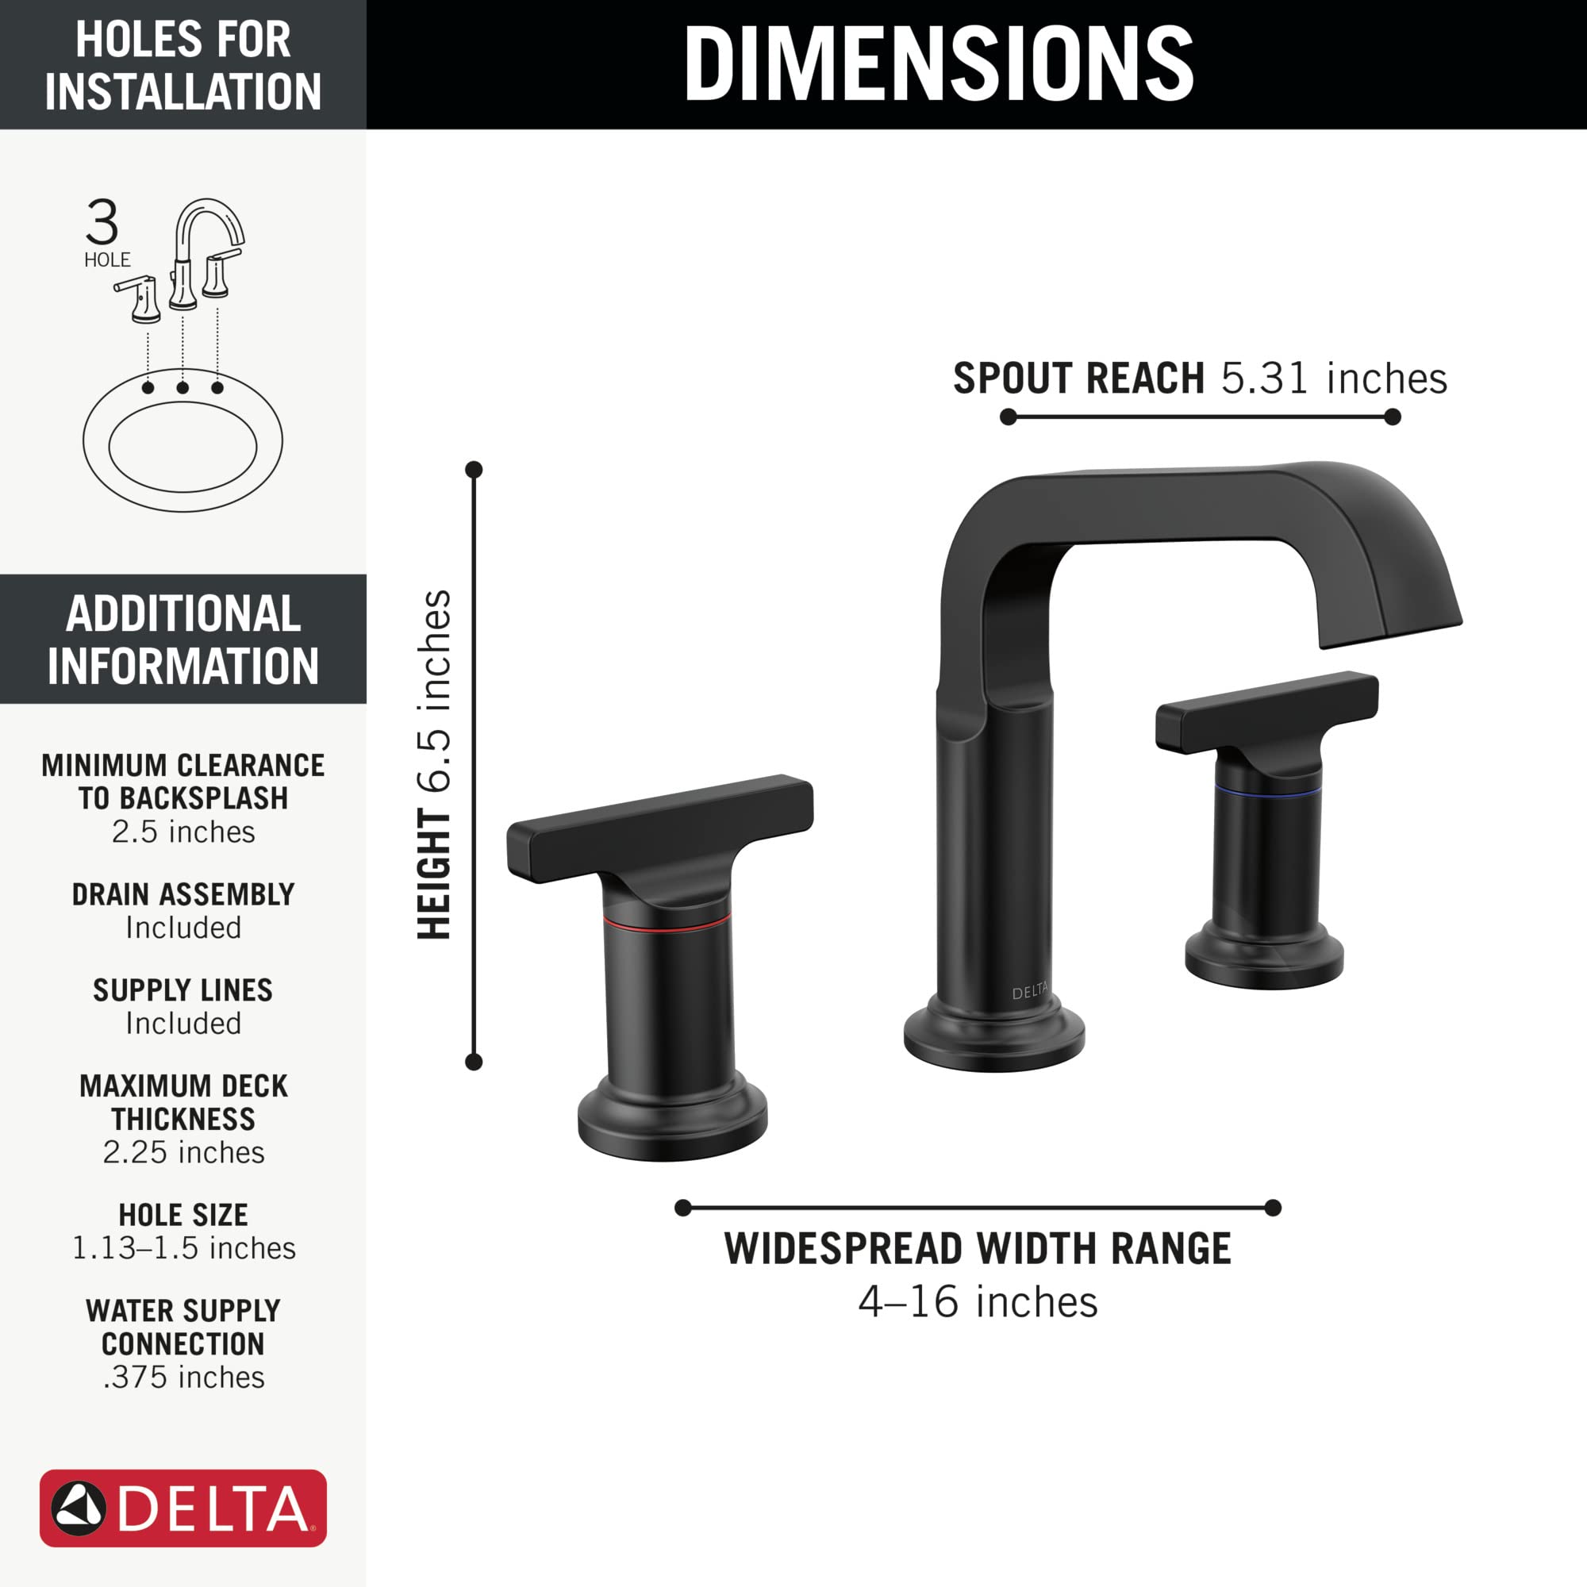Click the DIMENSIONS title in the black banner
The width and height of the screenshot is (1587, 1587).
938,64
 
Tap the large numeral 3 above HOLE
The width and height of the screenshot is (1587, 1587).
102,222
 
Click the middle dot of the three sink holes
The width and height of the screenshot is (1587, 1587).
183,388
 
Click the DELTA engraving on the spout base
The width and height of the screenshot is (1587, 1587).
1029,993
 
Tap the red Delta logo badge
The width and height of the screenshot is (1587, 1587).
183,1508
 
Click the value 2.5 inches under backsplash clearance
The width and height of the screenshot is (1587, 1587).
183,832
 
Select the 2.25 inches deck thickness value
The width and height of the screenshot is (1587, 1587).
183,1152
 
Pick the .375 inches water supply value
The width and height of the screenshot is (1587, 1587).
183,1377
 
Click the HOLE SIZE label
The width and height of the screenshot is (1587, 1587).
183,1214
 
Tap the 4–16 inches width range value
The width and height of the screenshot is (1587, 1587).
978,1302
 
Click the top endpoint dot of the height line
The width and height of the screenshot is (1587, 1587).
474,470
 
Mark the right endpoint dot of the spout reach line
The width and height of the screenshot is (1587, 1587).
1393,417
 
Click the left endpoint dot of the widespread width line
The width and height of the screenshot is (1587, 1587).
682,1208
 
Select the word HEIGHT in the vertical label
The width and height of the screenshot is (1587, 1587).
435,874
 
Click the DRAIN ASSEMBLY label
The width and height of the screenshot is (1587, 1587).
183,893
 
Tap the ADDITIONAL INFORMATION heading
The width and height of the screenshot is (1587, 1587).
183,639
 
